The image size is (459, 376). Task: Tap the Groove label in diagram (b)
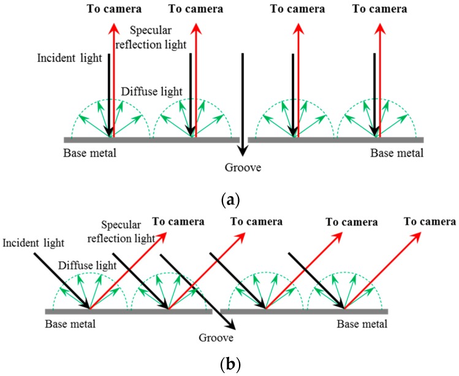[218, 337]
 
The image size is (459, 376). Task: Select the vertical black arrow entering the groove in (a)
[243, 104]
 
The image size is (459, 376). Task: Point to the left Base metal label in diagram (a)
[89, 152]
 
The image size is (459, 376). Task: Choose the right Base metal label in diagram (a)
[396, 152]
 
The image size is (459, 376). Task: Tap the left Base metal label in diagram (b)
[70, 323]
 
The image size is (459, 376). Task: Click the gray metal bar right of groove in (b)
[304, 311]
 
